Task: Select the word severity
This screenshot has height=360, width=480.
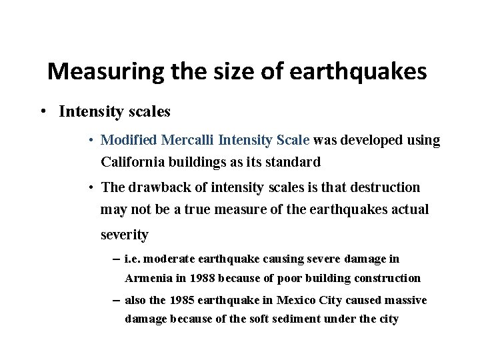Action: point(125,235)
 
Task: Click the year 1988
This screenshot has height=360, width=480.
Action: point(203,278)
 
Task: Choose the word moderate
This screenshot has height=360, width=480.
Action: point(170,259)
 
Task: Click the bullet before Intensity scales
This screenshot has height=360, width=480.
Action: point(43,111)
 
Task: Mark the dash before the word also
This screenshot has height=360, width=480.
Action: point(117,301)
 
